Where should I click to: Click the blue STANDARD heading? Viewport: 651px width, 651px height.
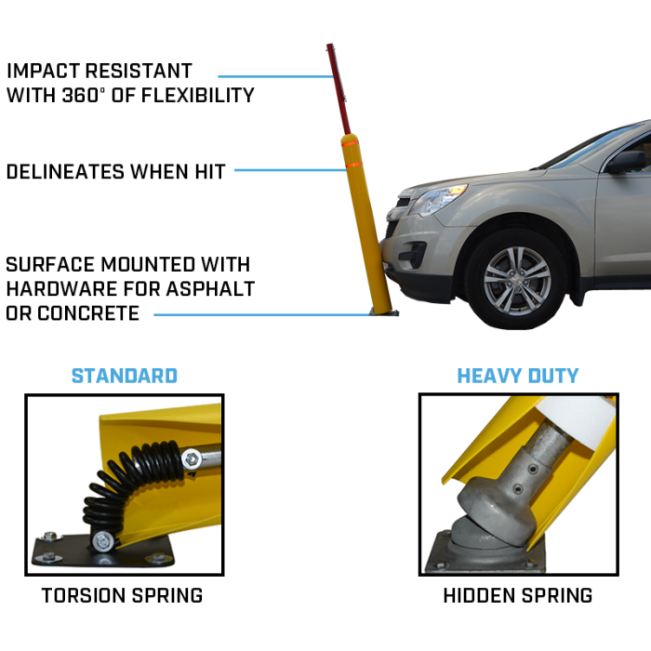pos(125,376)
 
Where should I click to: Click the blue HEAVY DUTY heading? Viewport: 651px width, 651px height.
pos(518,376)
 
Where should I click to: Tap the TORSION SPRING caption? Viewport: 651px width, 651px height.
pos(122,595)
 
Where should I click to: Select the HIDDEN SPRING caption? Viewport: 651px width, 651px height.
pos(518,595)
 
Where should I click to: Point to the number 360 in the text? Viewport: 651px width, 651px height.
pos(80,95)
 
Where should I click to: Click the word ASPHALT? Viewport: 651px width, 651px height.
pos(210,289)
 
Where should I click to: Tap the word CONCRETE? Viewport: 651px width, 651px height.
pos(88,313)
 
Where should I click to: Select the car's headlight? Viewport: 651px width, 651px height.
pos(438,198)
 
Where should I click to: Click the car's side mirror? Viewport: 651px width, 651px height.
pos(627,162)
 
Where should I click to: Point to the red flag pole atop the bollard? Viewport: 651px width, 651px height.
pos(338,88)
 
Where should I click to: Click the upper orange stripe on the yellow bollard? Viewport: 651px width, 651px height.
pos(350,143)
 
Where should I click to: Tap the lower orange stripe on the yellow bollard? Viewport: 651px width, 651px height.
pos(354,165)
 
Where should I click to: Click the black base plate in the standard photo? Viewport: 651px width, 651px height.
pos(103,551)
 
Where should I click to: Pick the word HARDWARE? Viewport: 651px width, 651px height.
pos(61,289)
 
